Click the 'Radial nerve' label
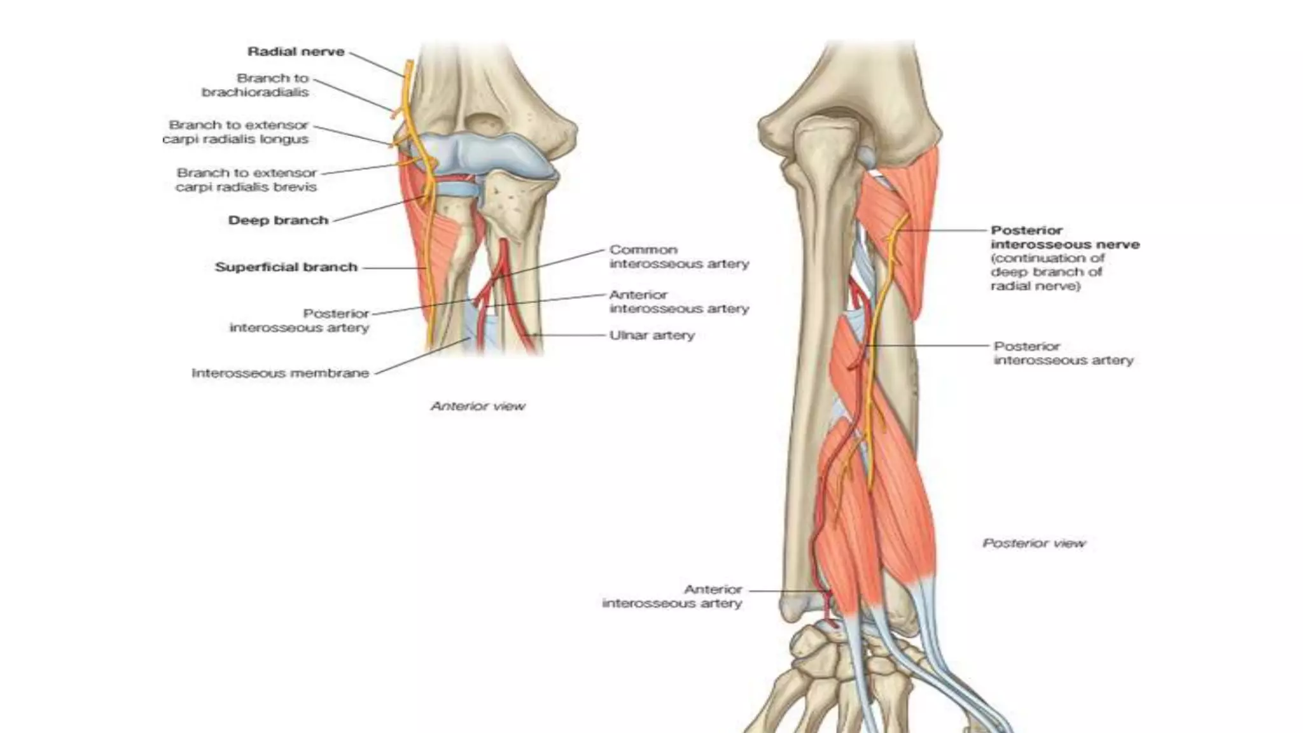click(296, 52)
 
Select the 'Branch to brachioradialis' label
click(256, 85)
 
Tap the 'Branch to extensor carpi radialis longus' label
click(235, 132)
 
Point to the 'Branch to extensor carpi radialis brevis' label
click(246, 179)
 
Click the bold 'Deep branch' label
click(278, 220)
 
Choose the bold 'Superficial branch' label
click(286, 267)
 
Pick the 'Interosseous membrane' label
click(280, 373)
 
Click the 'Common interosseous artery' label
click(679, 256)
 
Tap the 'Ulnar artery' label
click(651, 335)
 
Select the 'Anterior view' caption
click(478, 406)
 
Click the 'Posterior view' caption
click(1034, 543)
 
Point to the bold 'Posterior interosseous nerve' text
click(1064, 237)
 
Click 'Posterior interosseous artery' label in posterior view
click(1063, 353)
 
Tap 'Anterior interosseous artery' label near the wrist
click(672, 596)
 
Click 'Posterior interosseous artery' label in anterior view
click(299, 321)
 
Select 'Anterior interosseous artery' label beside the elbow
click(679, 302)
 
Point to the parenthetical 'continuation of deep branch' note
click(1047, 272)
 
